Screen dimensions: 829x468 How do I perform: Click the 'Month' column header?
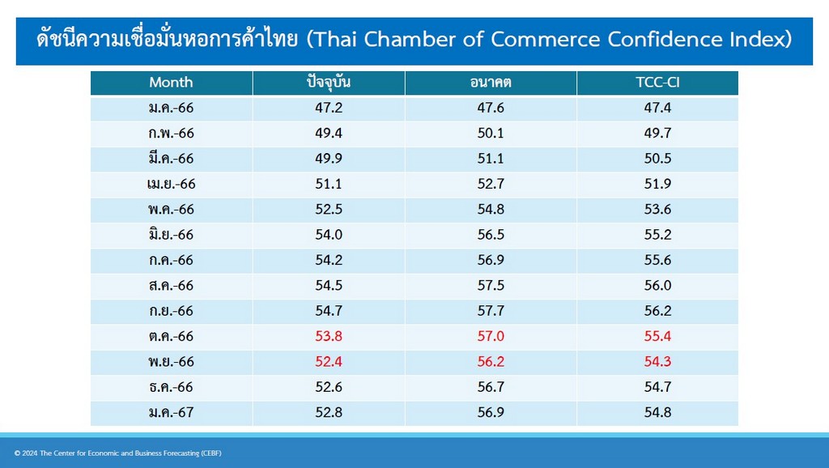[x=171, y=83]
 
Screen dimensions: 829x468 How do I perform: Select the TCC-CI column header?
[x=657, y=83]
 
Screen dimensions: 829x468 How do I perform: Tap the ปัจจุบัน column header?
[x=329, y=83]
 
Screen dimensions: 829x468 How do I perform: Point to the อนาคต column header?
[x=490, y=83]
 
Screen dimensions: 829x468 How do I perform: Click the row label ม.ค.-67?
[x=172, y=412]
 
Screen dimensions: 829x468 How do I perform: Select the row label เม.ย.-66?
[x=172, y=184]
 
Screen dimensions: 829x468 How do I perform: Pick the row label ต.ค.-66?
[x=172, y=336]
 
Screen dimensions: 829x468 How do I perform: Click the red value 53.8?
[x=329, y=336]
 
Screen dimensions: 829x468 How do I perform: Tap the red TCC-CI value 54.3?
[x=657, y=362]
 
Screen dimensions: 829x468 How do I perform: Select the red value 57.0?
[x=490, y=336]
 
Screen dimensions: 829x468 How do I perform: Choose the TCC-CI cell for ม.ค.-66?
[x=657, y=108]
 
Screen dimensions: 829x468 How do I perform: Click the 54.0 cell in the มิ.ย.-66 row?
[x=329, y=235]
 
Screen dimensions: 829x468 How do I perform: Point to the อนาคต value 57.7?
[x=490, y=311]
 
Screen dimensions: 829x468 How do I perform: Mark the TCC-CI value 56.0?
[x=657, y=286]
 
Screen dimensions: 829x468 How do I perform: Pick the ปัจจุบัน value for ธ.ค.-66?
[x=329, y=387]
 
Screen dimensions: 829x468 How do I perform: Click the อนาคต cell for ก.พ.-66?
[x=490, y=134]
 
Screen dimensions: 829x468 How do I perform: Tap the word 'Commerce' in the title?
[x=545, y=40]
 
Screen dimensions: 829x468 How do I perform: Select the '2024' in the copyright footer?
[x=30, y=453]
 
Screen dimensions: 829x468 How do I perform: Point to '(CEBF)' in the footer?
[x=211, y=453]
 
